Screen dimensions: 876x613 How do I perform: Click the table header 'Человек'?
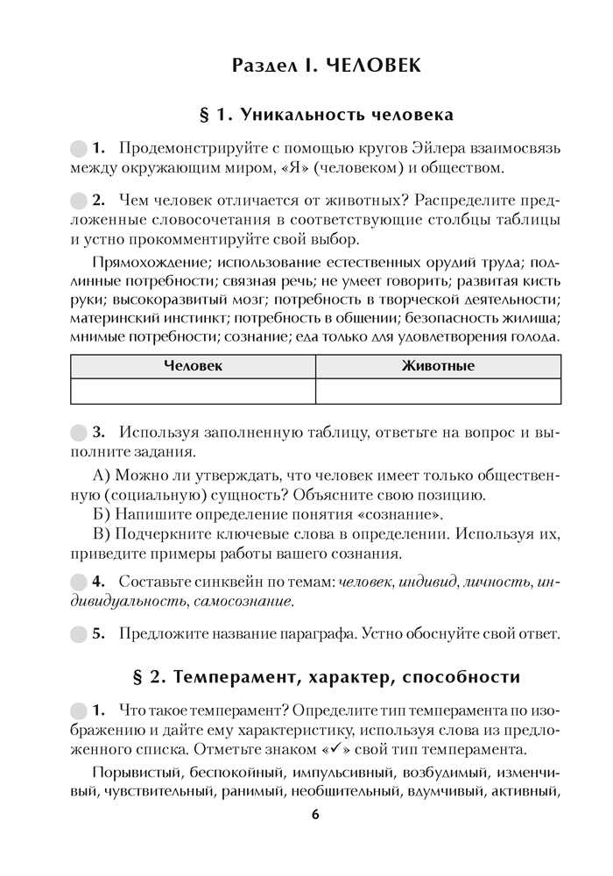[193, 366]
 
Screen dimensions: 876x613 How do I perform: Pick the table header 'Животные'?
[438, 366]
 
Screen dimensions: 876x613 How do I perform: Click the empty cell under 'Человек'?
[193, 391]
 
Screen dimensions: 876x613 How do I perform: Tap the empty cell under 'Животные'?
[438, 391]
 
